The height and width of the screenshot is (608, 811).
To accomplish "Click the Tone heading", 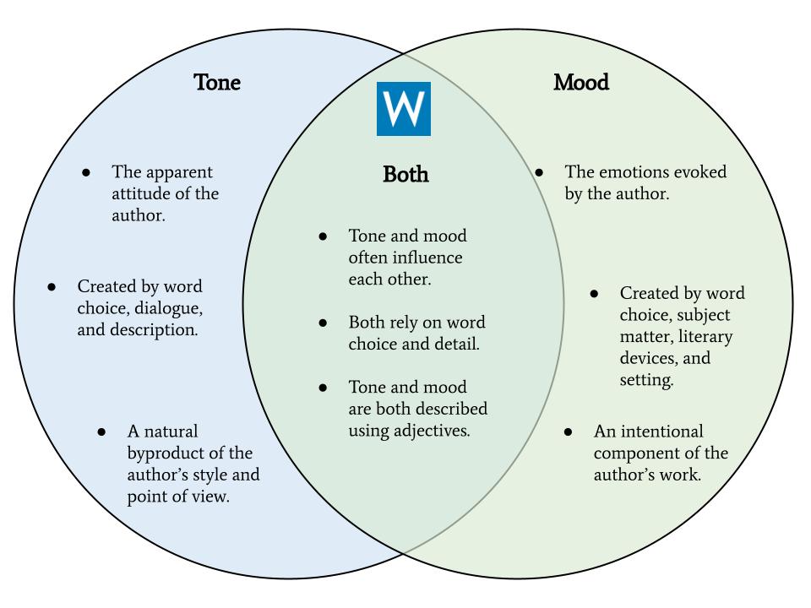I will (217, 83).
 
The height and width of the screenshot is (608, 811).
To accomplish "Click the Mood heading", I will (581, 83).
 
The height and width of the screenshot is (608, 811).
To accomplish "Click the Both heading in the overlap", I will (405, 175).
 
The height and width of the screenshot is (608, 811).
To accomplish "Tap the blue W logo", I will (403, 109).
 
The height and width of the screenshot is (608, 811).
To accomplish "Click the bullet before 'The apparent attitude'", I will (86, 172).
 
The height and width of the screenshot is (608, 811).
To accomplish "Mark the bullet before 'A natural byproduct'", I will (101, 432).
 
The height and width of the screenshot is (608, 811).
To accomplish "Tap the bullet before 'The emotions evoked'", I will (539, 172).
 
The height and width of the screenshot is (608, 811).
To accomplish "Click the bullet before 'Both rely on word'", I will (323, 323).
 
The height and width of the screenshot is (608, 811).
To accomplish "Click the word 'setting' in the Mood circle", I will (645, 380).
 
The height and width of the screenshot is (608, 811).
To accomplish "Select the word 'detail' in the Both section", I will (456, 344).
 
